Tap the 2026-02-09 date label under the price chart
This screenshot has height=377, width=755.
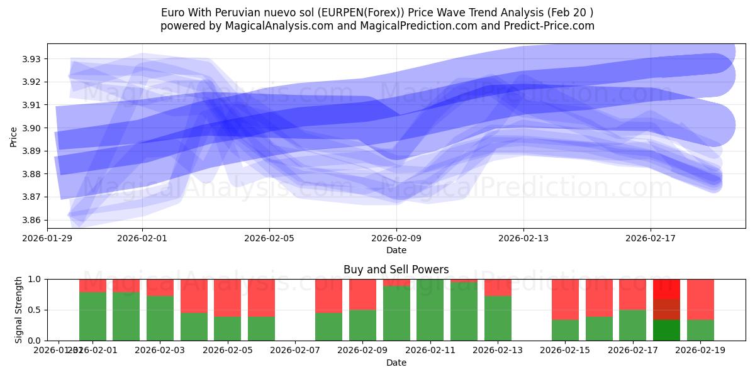pyautogui.click(x=396, y=239)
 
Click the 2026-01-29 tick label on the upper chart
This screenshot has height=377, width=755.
pyautogui.click(x=47, y=239)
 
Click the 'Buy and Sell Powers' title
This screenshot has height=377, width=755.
pyautogui.click(x=396, y=270)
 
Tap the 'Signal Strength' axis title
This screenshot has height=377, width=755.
pyautogui.click(x=19, y=309)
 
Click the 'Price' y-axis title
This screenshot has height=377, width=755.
pyautogui.click(x=14, y=136)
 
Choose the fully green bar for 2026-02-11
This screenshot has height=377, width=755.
pyautogui.click(x=430, y=310)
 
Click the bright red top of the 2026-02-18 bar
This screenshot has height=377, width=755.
pyautogui.click(x=666, y=288)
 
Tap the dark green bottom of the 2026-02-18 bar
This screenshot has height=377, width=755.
pyautogui.click(x=666, y=331)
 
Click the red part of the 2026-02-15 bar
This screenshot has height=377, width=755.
pyautogui.click(x=565, y=299)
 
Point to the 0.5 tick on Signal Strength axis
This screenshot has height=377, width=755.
pyautogui.click(x=35, y=310)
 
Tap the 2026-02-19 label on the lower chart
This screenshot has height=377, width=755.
pyautogui.click(x=700, y=349)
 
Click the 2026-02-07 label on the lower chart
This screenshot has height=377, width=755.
pyautogui.click(x=295, y=349)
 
